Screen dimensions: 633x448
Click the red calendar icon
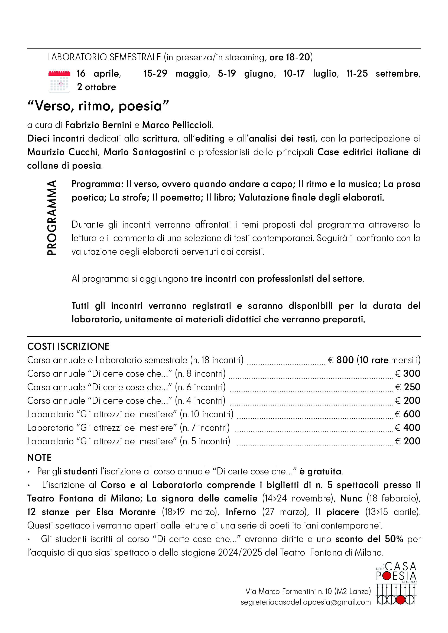[59, 81]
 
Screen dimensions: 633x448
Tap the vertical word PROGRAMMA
[52, 218]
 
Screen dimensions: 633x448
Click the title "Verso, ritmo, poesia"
[98, 106]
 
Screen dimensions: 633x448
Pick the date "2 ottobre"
[96, 87]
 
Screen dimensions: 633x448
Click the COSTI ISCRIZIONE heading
[68, 347]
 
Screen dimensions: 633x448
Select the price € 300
[408, 373]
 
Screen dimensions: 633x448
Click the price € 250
[408, 387]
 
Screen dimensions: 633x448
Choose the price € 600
[408, 414]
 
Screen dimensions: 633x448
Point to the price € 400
[408, 428]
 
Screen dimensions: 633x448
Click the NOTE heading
[39, 458]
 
